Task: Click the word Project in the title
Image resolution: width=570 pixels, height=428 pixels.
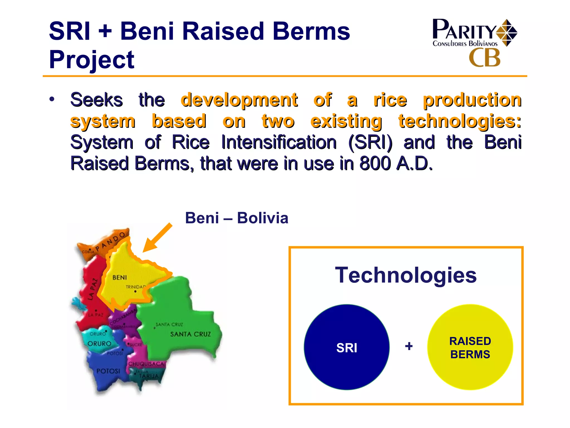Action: pos(92,60)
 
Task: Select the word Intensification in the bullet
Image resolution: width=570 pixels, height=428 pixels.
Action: pos(279,142)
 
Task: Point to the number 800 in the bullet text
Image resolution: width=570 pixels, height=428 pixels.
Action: pos(375,163)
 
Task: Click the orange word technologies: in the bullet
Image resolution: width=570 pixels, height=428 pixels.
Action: pos(460,121)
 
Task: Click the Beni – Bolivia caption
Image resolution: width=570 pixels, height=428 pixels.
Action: pos(237,218)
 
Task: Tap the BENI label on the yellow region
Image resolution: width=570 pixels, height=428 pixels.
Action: pos(120,278)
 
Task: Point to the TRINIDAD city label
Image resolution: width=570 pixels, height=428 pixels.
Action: pos(136,287)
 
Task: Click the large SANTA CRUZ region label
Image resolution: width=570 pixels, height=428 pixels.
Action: pos(191,334)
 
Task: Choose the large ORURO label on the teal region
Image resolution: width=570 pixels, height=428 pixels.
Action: pos(99,344)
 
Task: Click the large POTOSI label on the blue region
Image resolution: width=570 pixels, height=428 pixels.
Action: pos(108,371)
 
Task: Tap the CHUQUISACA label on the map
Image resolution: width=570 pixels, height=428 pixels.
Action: pos(146,364)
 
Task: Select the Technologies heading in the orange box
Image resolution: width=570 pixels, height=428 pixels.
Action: pos(406,275)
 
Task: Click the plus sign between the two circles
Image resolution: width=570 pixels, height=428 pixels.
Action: pos(409,346)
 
